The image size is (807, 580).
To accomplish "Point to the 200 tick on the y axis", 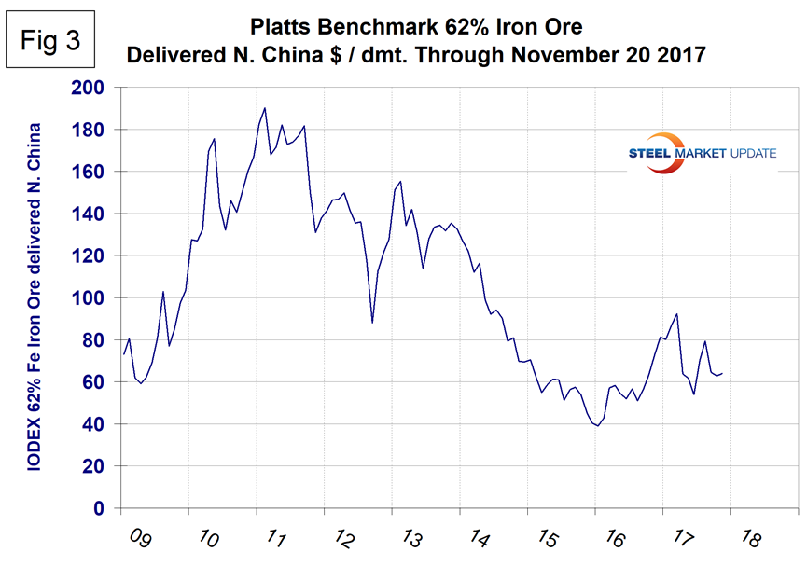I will (93, 88).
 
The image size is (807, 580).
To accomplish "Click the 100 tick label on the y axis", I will (93, 298).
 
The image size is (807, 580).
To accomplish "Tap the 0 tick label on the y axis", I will (103, 509).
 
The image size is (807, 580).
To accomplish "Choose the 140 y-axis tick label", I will (93, 214).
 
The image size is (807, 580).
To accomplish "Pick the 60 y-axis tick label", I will (98, 382).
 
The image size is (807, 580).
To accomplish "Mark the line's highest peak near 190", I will (265, 108).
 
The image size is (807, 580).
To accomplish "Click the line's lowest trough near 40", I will (597, 426).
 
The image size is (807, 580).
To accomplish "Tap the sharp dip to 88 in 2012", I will (372, 323).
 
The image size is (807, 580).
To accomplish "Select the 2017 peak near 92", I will (676, 314).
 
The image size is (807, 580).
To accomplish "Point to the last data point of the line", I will (722, 373).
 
